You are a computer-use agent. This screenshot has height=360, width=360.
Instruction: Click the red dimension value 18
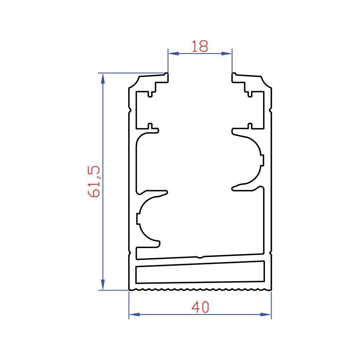pos(200,46)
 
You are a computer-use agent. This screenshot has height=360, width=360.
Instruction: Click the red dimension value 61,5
pos(94,181)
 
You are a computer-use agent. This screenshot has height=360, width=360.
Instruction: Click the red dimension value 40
pos(200,307)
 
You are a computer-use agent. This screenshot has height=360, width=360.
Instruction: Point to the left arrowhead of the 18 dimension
pos(174,54)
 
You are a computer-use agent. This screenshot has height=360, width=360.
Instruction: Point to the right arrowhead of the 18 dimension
pos(226,54)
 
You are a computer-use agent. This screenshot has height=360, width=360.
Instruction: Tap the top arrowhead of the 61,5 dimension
pos(103,78)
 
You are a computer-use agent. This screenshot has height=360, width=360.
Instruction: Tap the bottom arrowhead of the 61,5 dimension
pos(103,285)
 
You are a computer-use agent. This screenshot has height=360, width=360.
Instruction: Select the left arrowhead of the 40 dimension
pos(134,314)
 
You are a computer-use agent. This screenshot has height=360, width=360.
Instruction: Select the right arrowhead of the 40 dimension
pos(266,314)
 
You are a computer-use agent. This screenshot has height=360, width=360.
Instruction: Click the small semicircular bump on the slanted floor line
pos(200,257)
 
